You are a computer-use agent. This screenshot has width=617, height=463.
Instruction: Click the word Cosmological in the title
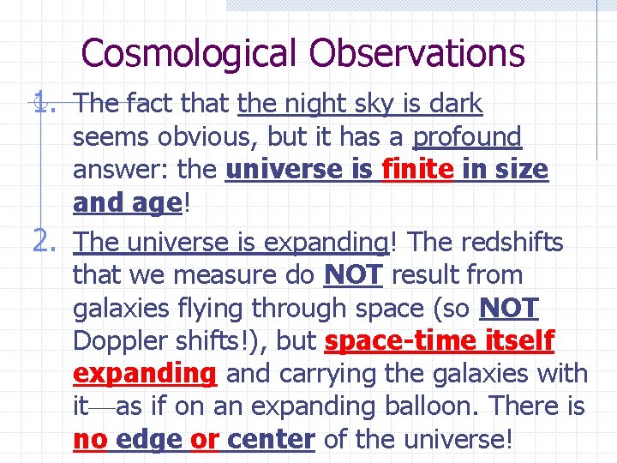coord(190,53)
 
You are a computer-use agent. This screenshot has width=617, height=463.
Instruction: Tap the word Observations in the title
coord(417,53)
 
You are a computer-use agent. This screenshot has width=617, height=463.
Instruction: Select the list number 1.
coord(43,105)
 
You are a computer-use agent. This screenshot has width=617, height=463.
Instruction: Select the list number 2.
coord(44,243)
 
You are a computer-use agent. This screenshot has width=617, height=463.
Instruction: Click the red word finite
coord(416,170)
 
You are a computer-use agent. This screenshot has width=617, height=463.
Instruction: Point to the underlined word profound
coord(467,137)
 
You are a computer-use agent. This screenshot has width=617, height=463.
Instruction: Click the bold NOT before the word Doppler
coord(509,308)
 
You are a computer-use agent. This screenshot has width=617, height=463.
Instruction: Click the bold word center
coord(272,440)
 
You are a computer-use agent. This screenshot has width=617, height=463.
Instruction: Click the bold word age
coord(155,203)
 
